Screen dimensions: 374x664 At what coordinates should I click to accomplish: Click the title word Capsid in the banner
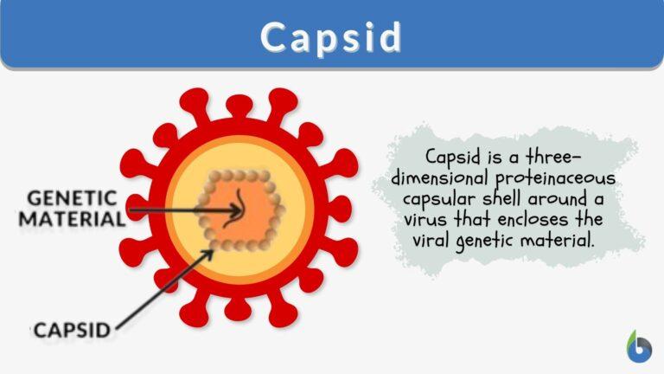tap(332, 36)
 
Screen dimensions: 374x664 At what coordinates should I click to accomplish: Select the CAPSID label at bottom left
tap(73, 330)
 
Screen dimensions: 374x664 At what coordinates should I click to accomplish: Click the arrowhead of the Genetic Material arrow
tap(239, 210)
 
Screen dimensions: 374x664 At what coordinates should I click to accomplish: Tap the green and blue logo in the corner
tap(638, 345)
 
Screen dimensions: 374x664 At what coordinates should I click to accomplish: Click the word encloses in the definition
tap(552, 220)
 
